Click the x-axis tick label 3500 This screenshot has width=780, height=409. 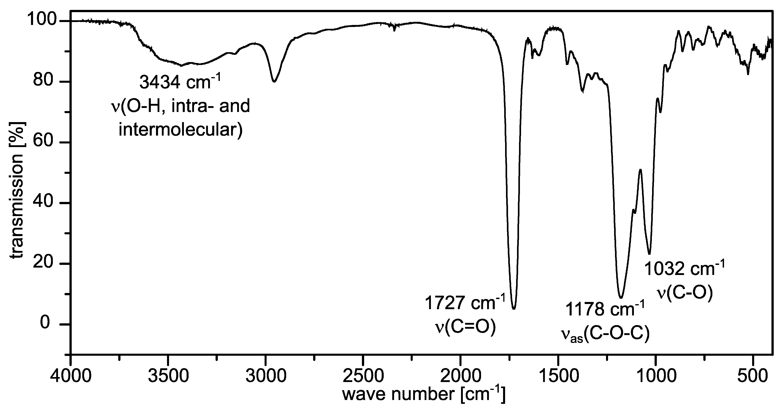pyautogui.click(x=168, y=376)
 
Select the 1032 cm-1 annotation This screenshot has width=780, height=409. pyautogui.click(x=684, y=269)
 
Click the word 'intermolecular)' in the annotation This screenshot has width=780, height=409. pyautogui.click(x=181, y=130)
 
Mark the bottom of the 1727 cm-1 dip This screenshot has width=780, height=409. pyautogui.click(x=514, y=308)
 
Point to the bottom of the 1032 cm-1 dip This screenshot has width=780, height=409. pyautogui.click(x=649, y=254)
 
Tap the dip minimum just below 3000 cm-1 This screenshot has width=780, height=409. pyautogui.click(x=274, y=81)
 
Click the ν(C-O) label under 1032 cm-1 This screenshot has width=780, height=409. pyautogui.click(x=684, y=293)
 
